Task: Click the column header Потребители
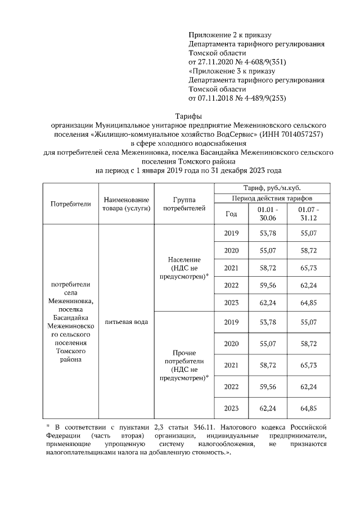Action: coord(70,204)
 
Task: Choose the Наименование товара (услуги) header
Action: coord(126,204)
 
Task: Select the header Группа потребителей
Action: coord(184,204)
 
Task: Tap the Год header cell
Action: coord(231,214)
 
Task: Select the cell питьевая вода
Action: coord(126,322)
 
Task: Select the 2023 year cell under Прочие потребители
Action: coord(231,408)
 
